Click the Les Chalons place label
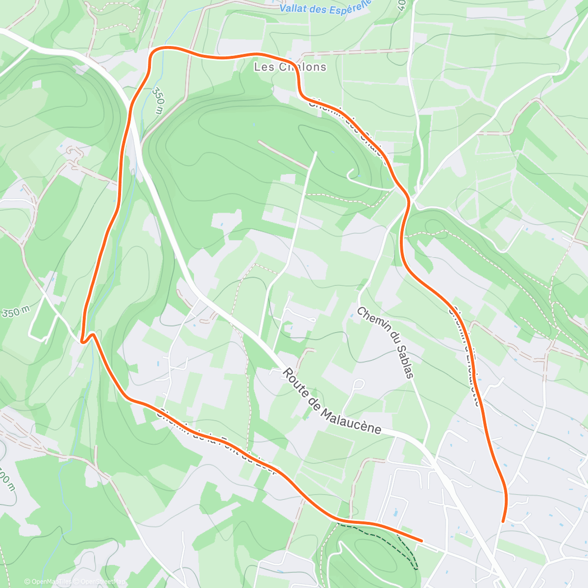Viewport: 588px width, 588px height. [290, 67]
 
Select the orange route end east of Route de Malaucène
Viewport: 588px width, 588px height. [503, 521]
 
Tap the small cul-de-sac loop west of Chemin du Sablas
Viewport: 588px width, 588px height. [359, 384]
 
